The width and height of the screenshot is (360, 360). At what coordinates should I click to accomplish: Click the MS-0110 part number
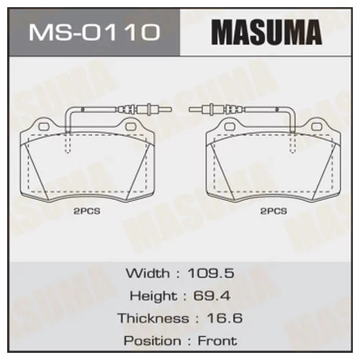pyautogui.click(x=94, y=32)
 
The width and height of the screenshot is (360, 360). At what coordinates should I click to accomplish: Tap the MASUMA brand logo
pyautogui.click(x=266, y=32)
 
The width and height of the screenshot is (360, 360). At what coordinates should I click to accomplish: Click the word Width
pyautogui.click(x=148, y=273)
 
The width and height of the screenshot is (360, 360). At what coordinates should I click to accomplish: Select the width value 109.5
pyautogui.click(x=211, y=273)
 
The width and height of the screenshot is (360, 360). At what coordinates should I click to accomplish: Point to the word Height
pyautogui.click(x=153, y=295)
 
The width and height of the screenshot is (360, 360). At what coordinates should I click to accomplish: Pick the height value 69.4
pyautogui.click(x=212, y=295)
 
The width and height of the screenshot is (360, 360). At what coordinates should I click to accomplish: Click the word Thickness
pyautogui.click(x=153, y=318)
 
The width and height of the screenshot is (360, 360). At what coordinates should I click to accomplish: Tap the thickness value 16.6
pyautogui.click(x=225, y=318)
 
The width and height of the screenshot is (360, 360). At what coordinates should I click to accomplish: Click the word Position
pyautogui.click(x=153, y=341)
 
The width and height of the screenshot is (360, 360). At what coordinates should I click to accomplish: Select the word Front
pyautogui.click(x=217, y=341)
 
